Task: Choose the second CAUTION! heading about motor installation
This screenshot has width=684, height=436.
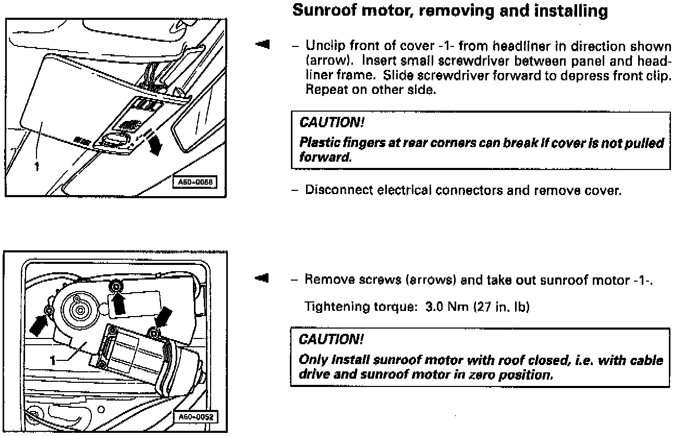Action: pyautogui.click(x=330, y=340)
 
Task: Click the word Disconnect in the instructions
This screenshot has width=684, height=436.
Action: pyautogui.click(x=333, y=190)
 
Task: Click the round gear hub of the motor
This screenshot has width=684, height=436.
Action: pyautogui.click(x=80, y=310)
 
